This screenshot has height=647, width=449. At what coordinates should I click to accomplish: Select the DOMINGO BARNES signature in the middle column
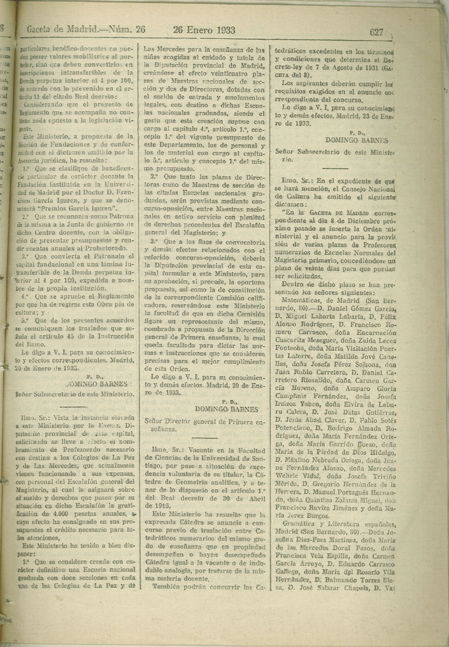point(227,409)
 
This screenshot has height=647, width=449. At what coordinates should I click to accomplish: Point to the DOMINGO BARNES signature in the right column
point(357,140)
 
